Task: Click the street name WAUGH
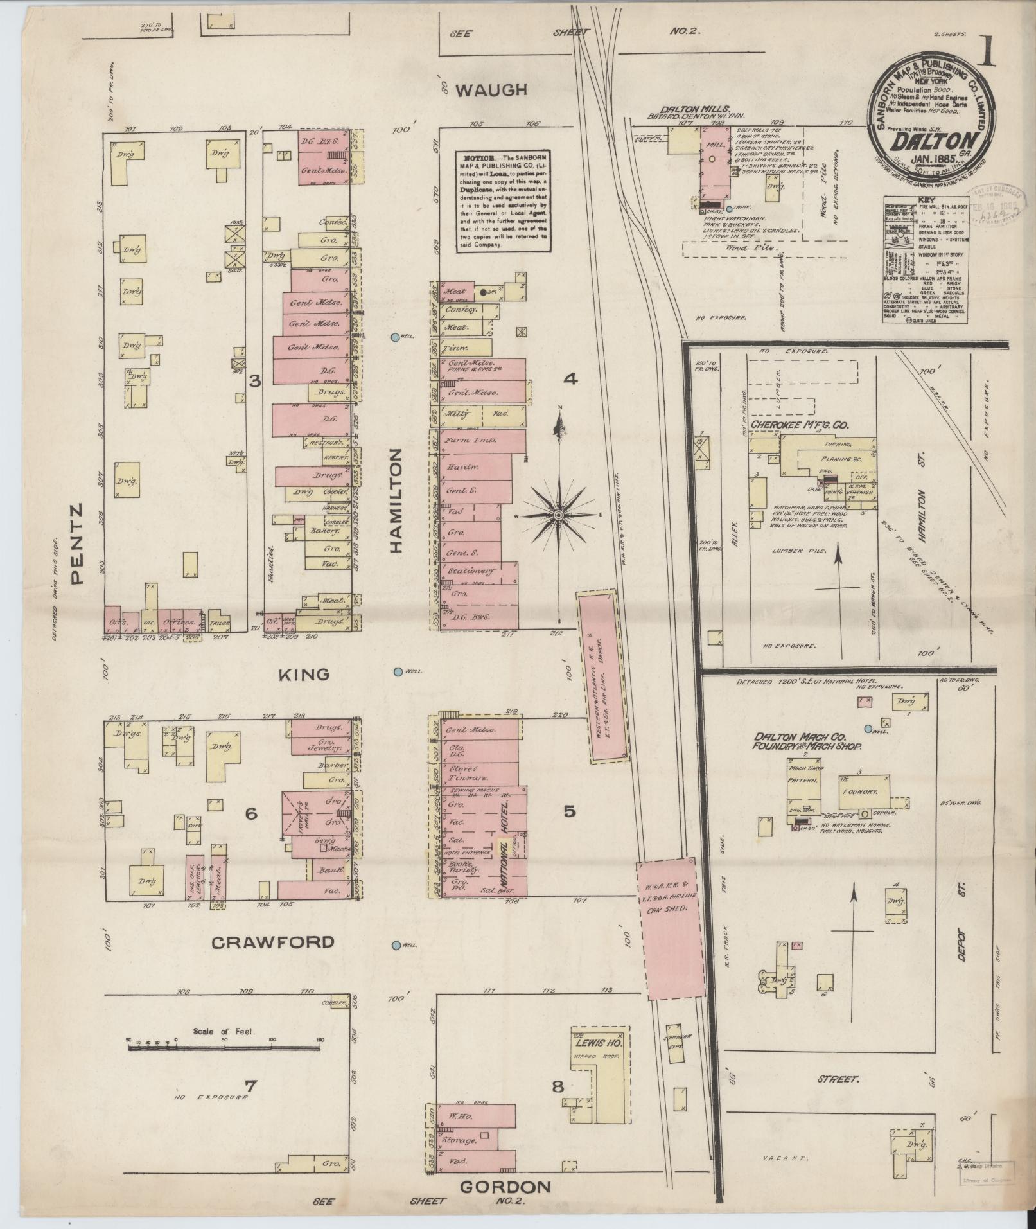491,90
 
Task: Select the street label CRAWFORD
273,942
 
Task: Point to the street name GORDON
505,1187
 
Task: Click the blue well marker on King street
398,671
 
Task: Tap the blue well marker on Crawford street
397,945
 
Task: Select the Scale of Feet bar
224,1048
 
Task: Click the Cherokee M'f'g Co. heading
800,425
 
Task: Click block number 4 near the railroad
570,380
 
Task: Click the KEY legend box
923,267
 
